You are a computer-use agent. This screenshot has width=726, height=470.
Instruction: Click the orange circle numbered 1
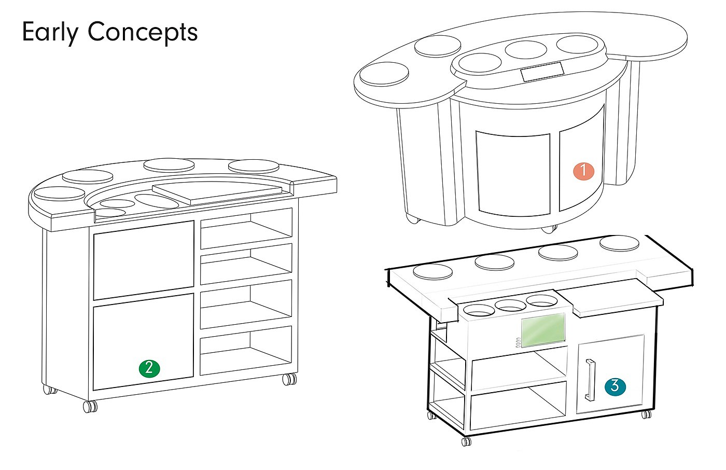pyautogui.click(x=583, y=171)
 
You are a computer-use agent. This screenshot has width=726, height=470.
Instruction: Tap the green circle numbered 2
pyautogui.click(x=149, y=368)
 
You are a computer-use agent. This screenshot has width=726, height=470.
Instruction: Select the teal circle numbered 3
pyautogui.click(x=615, y=386)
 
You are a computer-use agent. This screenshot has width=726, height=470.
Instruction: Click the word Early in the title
pyautogui.click(x=50, y=32)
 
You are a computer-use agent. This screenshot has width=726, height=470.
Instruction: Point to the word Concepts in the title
pyautogui.click(x=143, y=32)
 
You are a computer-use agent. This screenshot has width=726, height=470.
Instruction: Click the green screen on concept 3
pyautogui.click(x=543, y=331)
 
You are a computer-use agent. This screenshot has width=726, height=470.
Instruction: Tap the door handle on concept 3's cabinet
pyautogui.click(x=590, y=380)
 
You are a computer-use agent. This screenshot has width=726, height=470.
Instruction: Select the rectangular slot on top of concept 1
pyautogui.click(x=542, y=72)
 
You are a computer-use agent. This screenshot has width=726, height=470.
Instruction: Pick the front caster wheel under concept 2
pyautogui.click(x=90, y=406)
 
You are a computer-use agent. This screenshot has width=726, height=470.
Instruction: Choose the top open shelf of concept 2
pyautogui.click(x=246, y=230)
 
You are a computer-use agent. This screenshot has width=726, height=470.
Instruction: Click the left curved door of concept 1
pyautogui.click(x=513, y=173)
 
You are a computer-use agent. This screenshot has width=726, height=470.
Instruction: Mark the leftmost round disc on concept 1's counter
pyautogui.click(x=384, y=74)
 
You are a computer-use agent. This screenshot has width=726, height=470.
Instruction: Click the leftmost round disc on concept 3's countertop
pyautogui.click(x=432, y=271)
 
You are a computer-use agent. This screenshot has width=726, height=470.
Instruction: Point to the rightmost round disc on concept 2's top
pyautogui.click(x=252, y=167)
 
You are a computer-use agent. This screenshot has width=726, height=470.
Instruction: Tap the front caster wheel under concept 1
pyautogui.click(x=550, y=228)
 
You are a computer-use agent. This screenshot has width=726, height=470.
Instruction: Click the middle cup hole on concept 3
pyautogui.click(x=511, y=306)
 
